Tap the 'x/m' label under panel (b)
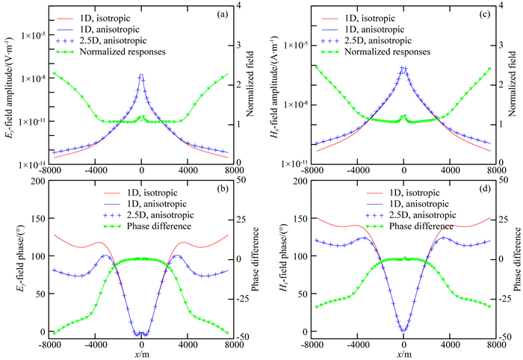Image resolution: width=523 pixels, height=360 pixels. (x=142, y=354)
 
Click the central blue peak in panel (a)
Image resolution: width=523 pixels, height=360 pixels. (x=142, y=75)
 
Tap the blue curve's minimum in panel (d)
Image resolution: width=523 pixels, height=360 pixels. (x=403, y=330)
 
